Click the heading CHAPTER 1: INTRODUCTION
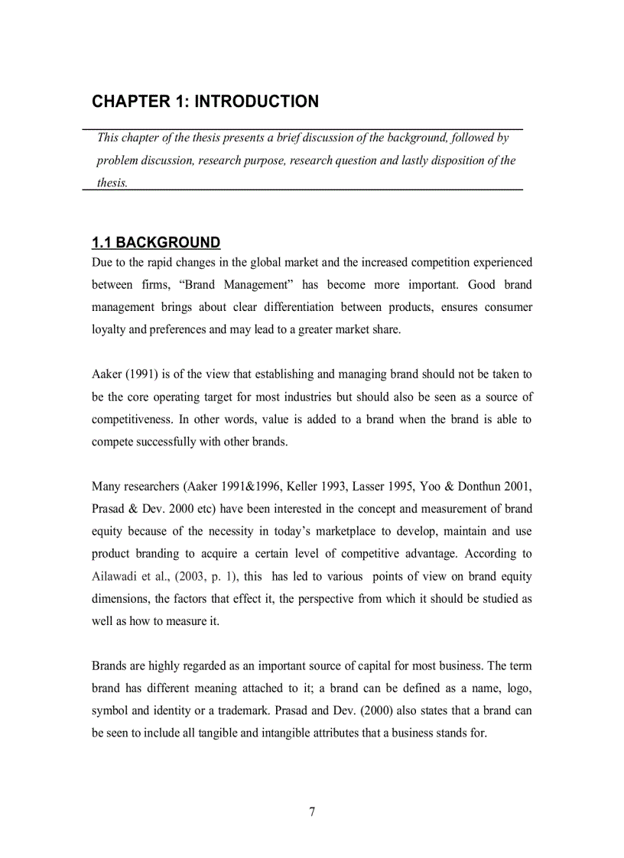205,102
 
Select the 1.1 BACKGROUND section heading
156,243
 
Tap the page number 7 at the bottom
312,812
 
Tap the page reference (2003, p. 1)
206,576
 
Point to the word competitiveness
132,419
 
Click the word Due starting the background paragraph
102,262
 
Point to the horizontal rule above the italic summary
302,129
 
